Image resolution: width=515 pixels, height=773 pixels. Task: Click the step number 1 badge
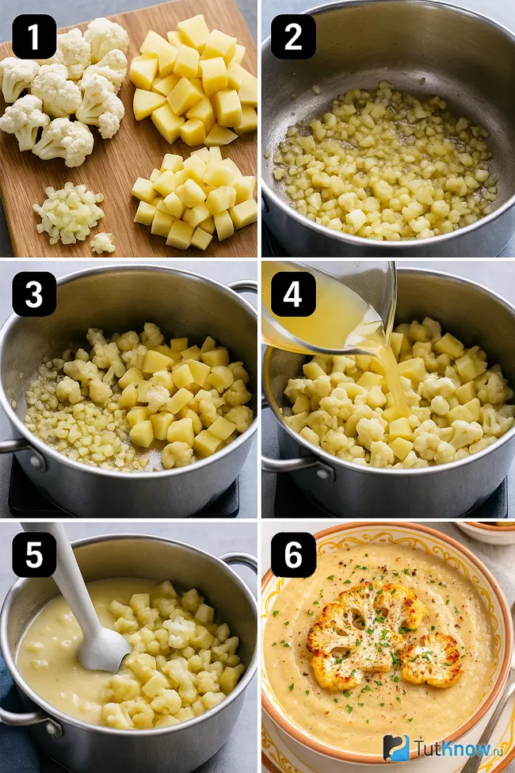click(x=34, y=36)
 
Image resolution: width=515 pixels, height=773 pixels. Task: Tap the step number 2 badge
click(x=293, y=36)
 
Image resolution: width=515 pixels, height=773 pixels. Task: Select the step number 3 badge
click(x=34, y=294)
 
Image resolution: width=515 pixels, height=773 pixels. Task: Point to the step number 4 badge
click(x=293, y=294)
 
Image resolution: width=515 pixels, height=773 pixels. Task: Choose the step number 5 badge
click(x=34, y=555)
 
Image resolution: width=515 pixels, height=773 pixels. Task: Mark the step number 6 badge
click(x=293, y=555)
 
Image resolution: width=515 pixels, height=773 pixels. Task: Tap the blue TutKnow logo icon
click(x=397, y=748)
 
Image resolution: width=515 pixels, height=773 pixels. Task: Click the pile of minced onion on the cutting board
click(x=68, y=213)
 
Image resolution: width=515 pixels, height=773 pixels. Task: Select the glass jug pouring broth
click(x=330, y=308)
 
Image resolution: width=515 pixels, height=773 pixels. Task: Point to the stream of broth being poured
click(x=389, y=375)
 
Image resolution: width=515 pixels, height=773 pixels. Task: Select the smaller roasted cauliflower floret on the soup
click(x=431, y=660)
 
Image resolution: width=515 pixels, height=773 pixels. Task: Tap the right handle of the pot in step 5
click(x=242, y=562)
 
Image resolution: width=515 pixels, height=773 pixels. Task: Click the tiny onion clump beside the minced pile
click(x=103, y=243)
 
